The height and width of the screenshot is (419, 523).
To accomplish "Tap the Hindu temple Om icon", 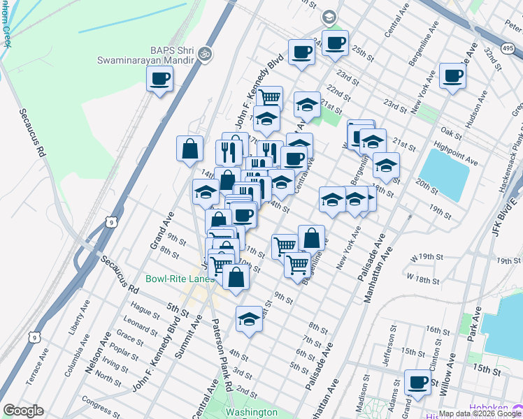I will coord(205,53).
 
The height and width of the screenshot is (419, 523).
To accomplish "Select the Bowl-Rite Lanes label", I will coord(179,279).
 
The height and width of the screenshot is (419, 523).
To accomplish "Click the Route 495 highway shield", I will coord(508,47).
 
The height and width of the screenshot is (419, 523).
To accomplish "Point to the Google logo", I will coord(23,411).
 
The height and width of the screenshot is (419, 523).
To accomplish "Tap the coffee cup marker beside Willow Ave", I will coord(417,383).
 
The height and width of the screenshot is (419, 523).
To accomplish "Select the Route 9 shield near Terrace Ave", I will coord(34,337).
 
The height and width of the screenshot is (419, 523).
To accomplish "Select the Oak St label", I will coord(448,132).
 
